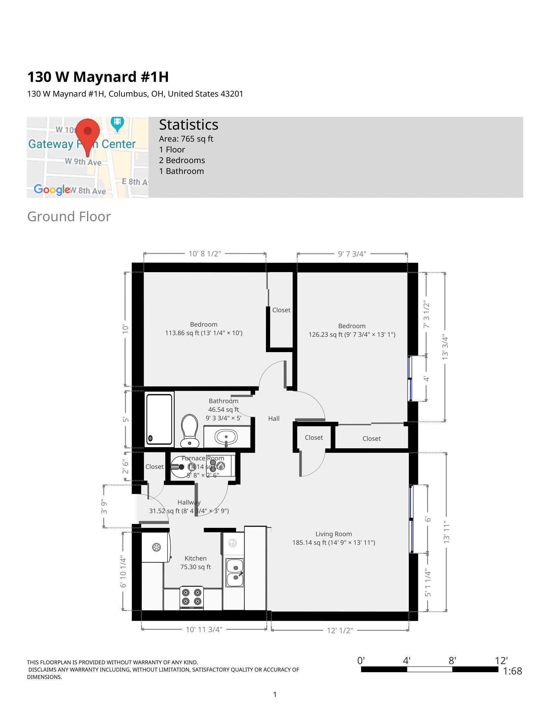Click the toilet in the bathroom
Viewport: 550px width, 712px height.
coord(190,430)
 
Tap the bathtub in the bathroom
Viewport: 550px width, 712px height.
coord(159,419)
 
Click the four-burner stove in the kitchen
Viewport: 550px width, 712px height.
coord(192,597)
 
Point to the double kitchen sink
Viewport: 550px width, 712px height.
coord(235,573)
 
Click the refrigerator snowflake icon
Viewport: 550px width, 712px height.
coord(156,547)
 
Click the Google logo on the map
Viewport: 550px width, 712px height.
coord(52,189)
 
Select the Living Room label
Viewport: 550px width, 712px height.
coord(333,534)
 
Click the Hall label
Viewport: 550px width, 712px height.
coord(274,418)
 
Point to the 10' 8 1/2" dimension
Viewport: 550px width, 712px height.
coord(204,254)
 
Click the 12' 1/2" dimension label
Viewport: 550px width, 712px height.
coord(340,630)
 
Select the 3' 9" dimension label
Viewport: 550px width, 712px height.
coord(104,506)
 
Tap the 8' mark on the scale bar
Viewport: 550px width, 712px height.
coord(452,661)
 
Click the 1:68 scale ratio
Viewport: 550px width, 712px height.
coord(512,671)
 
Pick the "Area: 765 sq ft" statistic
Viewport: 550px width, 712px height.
coord(186,139)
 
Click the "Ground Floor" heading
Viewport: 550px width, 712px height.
coord(69,217)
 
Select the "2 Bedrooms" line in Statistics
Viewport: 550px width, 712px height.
coord(182,161)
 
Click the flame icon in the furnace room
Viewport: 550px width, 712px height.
coord(221,466)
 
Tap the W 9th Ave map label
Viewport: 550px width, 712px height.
coord(83,162)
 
